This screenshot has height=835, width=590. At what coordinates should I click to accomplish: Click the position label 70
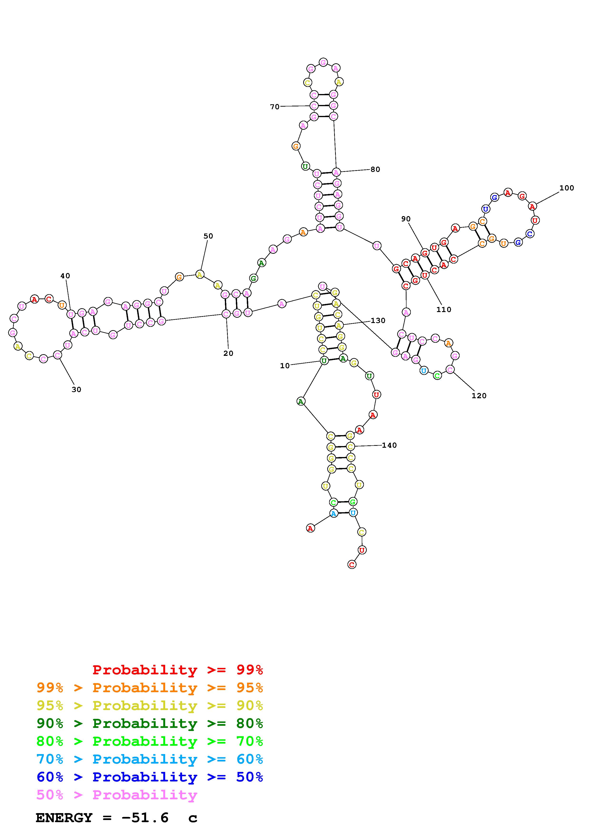(274, 107)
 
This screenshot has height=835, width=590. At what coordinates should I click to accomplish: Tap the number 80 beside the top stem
(375, 169)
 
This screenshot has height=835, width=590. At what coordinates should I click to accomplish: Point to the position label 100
(566, 188)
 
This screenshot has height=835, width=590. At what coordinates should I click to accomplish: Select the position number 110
(443, 309)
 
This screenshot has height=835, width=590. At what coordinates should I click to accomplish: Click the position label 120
(479, 396)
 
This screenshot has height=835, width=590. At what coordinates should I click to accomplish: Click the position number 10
(285, 366)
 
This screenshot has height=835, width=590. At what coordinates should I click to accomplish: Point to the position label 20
(228, 353)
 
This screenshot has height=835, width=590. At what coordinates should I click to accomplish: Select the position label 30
(76, 389)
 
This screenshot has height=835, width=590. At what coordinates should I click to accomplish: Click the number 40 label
(65, 276)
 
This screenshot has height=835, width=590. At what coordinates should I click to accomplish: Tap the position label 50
(208, 236)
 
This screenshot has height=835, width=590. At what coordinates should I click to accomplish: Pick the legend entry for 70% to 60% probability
(150, 759)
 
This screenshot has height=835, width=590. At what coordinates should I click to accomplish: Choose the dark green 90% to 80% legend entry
(150, 723)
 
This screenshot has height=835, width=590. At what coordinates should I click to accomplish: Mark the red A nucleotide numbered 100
(532, 206)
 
